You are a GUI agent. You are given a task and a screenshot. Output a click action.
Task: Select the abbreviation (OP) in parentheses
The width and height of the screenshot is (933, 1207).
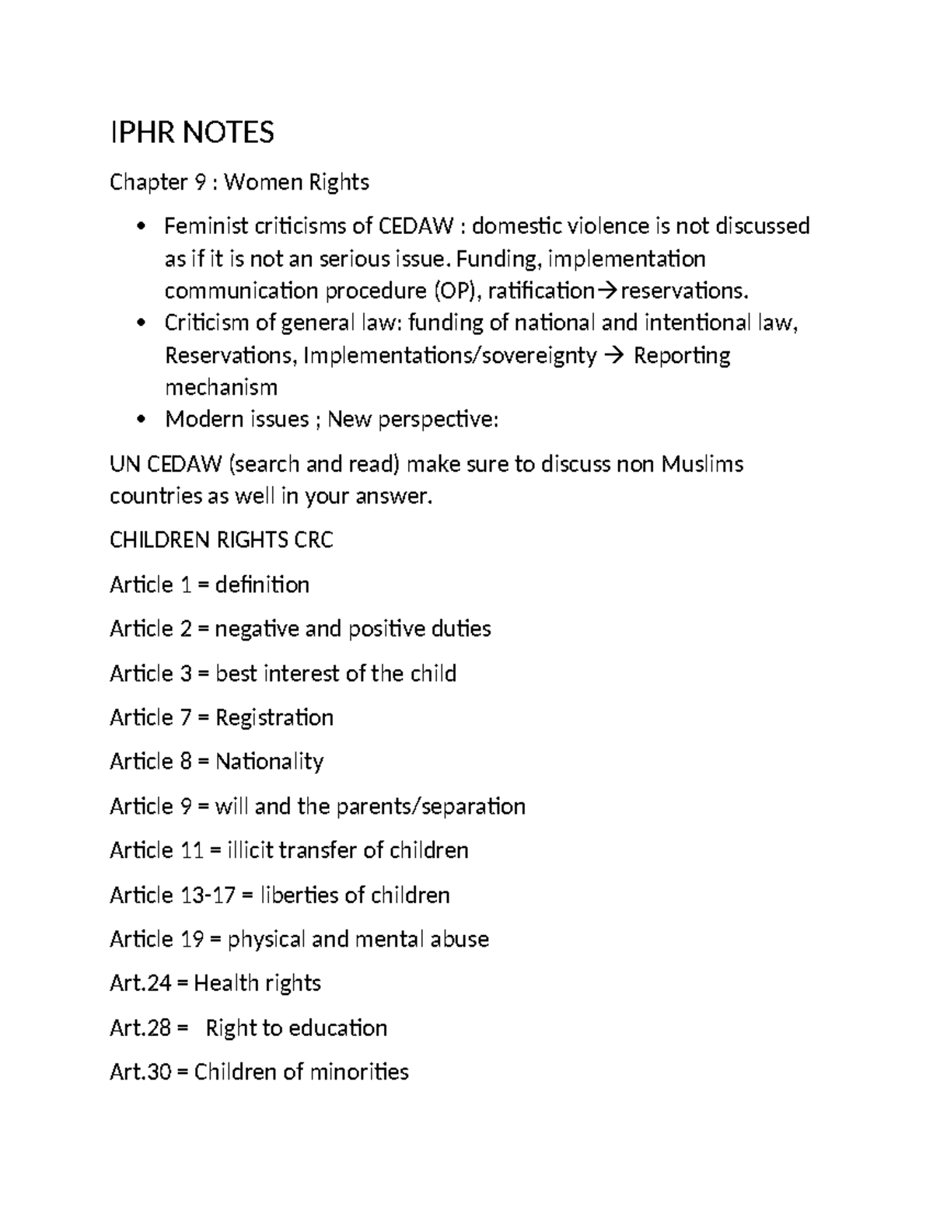click(456, 291)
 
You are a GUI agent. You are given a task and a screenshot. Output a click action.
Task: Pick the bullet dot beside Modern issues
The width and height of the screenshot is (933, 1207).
click(140, 420)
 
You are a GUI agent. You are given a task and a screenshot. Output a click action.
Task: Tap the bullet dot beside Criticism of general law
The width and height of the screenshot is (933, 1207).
click(140, 323)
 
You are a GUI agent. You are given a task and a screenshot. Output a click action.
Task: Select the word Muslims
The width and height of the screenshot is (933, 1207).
click(702, 464)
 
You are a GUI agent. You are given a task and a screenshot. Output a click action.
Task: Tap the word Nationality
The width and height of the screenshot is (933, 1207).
click(269, 762)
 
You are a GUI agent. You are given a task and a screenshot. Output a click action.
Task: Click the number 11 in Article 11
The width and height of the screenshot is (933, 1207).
click(191, 850)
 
